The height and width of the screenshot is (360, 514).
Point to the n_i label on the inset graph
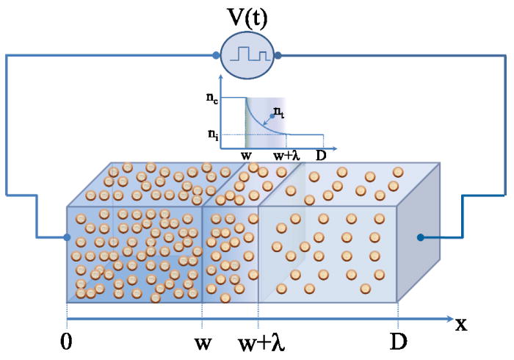(x=212, y=134)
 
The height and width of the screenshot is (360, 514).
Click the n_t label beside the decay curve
(x=279, y=112)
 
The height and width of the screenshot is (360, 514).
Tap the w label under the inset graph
(x=246, y=156)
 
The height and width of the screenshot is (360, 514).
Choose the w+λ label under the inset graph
(x=285, y=156)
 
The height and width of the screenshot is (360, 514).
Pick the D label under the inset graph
(x=321, y=156)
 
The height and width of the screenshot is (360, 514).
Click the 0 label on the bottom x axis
(x=68, y=343)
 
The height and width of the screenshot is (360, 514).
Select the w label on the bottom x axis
(x=201, y=343)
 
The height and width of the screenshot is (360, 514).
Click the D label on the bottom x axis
(x=398, y=343)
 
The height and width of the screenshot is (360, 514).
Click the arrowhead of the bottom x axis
(x=449, y=320)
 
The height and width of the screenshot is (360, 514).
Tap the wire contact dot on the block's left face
(x=68, y=237)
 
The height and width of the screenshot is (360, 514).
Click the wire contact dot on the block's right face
(x=421, y=237)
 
